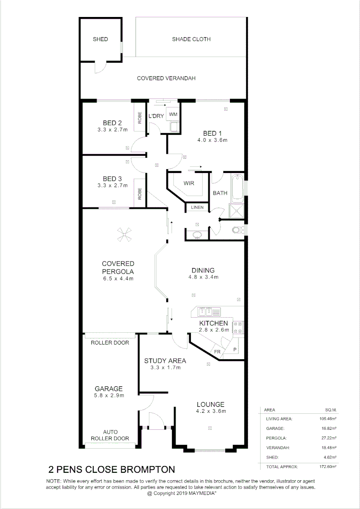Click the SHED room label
[100, 39]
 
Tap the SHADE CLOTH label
[191, 39]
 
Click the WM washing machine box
[172, 114]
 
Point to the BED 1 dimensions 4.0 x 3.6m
[213, 140]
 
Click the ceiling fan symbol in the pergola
[125, 234]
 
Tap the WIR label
[189, 183]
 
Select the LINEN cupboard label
[197, 207]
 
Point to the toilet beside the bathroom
[239, 230]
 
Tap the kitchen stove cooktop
[237, 328]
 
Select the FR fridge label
[218, 352]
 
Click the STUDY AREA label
[165, 361]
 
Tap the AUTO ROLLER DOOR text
[111, 435]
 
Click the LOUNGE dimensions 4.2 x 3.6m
[210, 411]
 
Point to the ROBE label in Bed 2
[139, 117]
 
